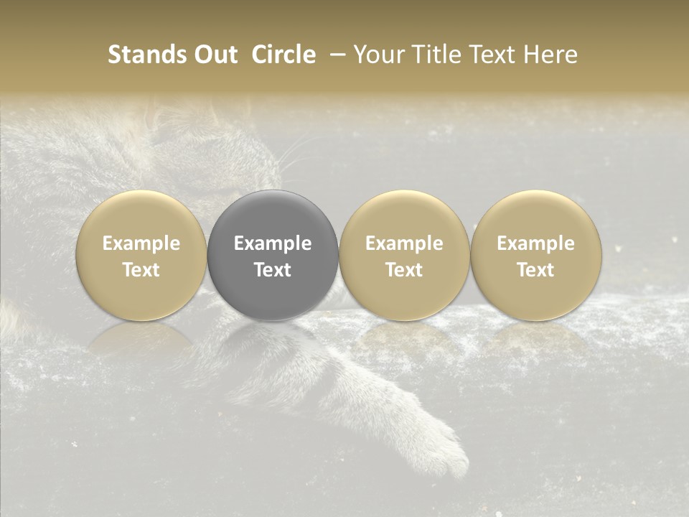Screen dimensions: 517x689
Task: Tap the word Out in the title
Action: pos(216,55)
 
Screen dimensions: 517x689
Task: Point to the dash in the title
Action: pos(334,55)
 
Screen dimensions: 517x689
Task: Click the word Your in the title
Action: pos(378,55)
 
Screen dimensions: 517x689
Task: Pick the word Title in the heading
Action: pos(431,55)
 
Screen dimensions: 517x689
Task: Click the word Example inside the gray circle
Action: pos(273,243)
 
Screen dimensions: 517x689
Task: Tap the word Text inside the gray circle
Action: pos(273,270)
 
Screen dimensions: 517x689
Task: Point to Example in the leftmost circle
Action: pos(141,243)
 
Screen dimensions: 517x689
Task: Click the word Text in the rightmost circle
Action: pos(535,270)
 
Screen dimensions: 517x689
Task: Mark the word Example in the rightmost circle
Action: pos(535,243)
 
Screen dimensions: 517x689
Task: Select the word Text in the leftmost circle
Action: pos(141,270)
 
